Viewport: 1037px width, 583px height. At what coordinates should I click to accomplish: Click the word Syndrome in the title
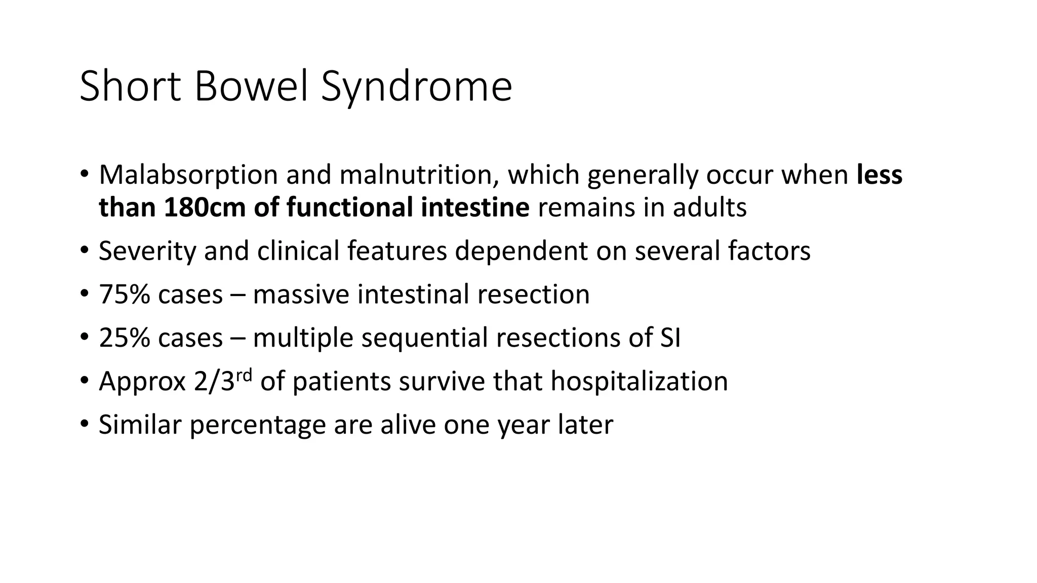tap(416, 87)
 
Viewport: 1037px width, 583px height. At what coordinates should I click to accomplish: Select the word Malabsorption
tap(188, 175)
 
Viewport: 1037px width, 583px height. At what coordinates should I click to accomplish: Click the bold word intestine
tap(475, 207)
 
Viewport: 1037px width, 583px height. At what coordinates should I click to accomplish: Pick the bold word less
tap(880, 175)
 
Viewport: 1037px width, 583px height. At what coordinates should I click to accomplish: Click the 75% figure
tap(124, 295)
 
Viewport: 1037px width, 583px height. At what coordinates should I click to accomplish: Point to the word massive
tap(301, 295)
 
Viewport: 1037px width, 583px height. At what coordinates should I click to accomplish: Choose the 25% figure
tap(124, 338)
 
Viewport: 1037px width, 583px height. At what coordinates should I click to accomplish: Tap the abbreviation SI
tap(670, 338)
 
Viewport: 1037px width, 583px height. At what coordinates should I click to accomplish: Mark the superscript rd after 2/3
tap(244, 376)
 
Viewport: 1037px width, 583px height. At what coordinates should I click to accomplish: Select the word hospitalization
tap(639, 382)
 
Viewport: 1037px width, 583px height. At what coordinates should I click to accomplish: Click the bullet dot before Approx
tap(84, 381)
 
